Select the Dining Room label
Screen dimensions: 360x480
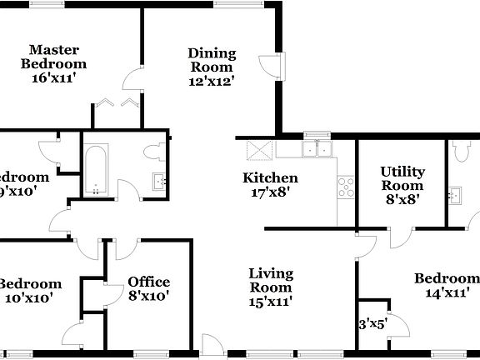tap(212, 60)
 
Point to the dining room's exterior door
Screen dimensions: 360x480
tap(264, 69)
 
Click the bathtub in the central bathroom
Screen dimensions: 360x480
tap(95, 169)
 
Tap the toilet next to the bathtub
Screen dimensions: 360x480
tap(153, 154)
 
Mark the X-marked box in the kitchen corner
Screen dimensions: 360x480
tap(258, 151)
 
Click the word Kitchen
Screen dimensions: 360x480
tap(269, 177)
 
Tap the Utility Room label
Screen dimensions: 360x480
tap(402, 178)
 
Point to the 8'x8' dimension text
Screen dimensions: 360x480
tap(402, 199)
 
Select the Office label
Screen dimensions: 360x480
tap(148, 282)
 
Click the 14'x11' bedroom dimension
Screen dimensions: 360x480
tap(452, 292)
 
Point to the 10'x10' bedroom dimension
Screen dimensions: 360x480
tap(28, 297)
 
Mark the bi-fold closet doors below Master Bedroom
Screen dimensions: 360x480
tap(116, 102)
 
